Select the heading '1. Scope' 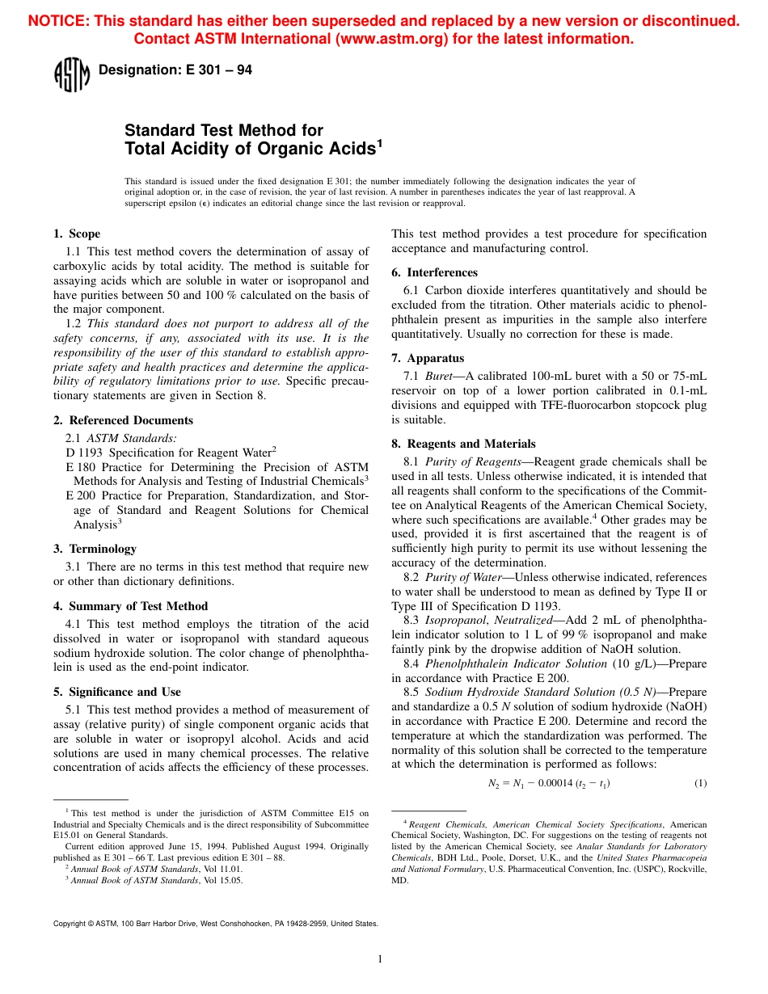[77, 234]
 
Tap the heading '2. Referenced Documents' [123, 420]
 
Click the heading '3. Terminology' [95, 549]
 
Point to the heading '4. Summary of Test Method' [130, 606]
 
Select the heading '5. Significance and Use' [116, 692]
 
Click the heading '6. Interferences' [434, 272]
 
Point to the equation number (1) [700, 783]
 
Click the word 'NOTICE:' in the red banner [58, 21]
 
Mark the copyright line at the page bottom [215, 923]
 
